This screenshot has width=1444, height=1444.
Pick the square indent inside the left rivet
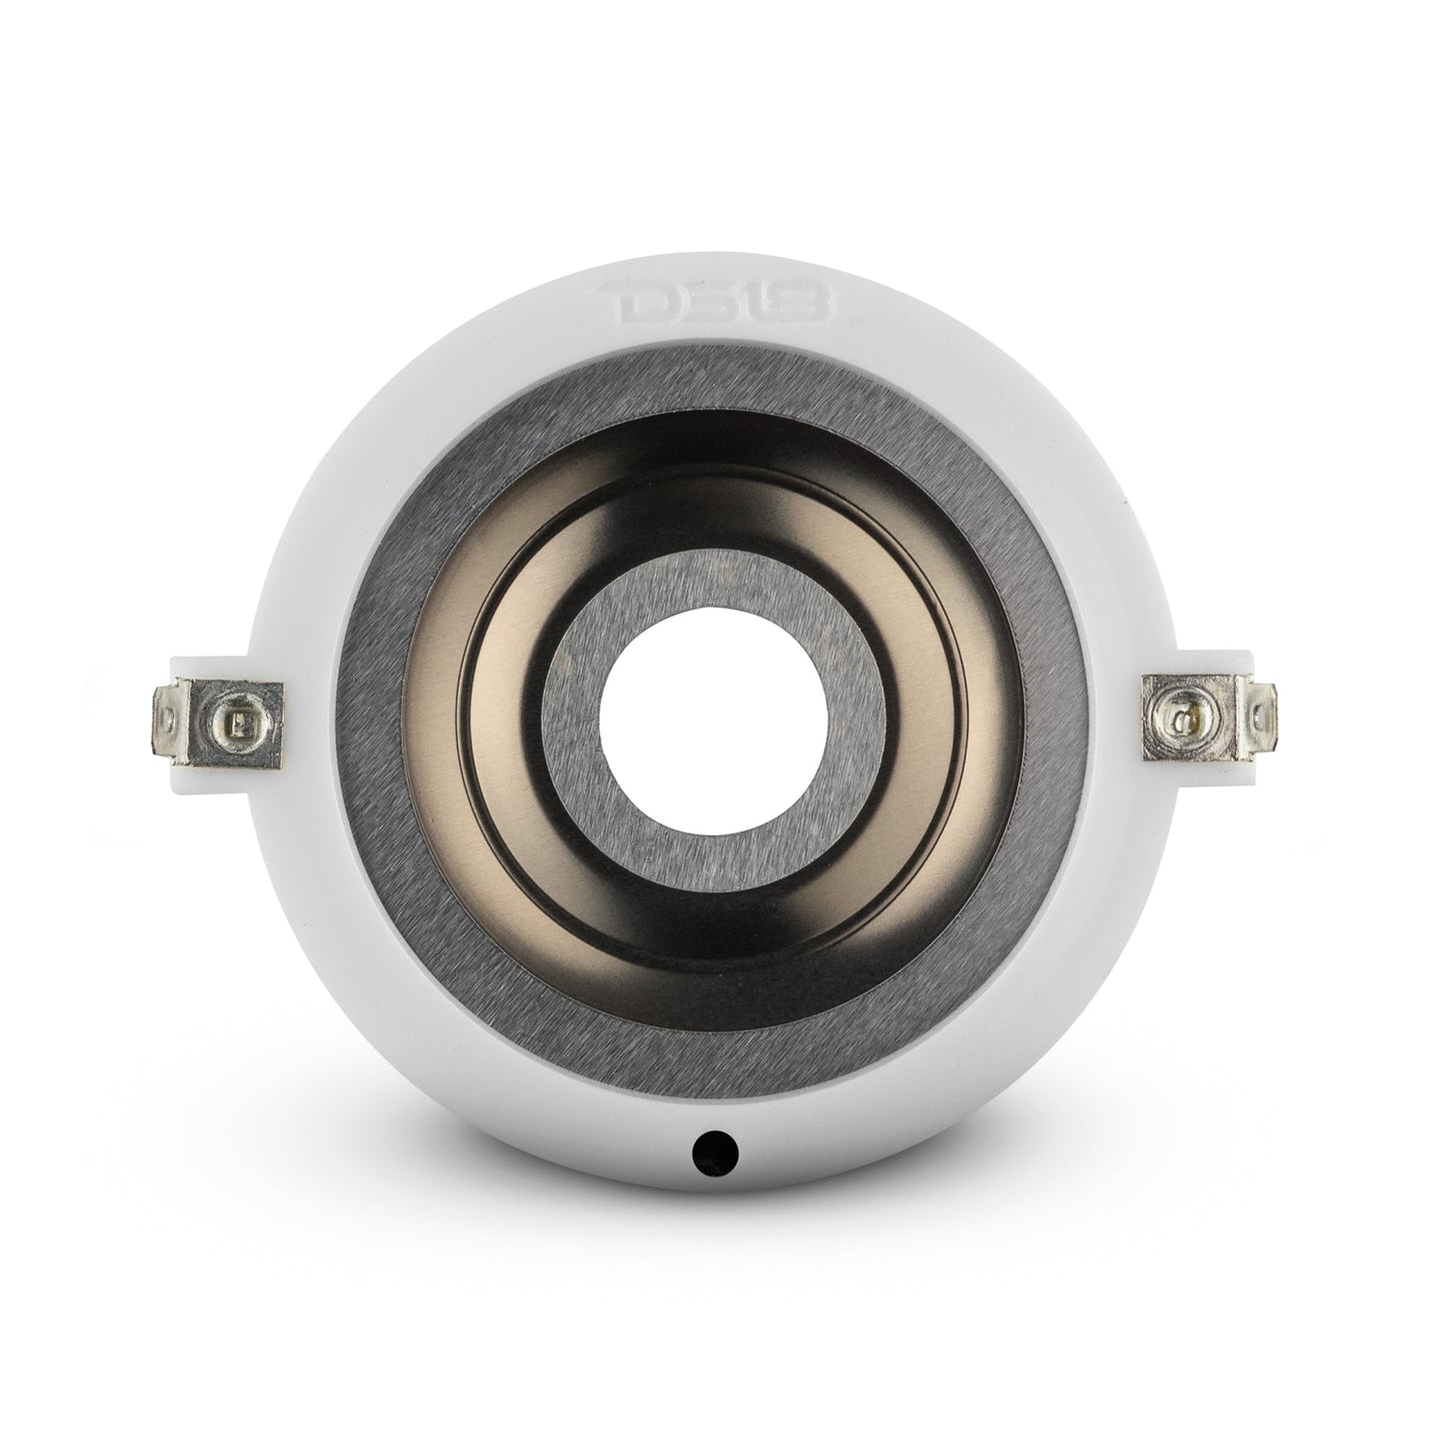[233, 720]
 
